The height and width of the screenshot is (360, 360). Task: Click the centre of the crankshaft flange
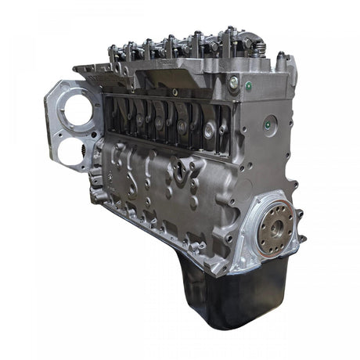pos(276,228)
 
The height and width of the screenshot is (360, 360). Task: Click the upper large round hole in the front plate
pos(78,112)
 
